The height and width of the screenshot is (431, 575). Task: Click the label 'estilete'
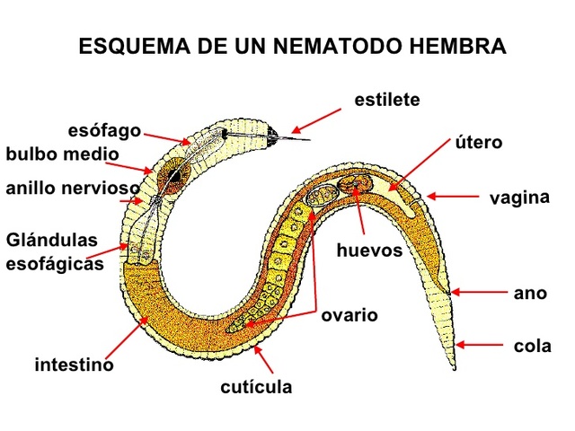(x=387, y=100)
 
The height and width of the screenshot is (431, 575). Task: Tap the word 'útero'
(x=477, y=143)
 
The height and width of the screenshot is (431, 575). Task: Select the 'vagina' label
(x=518, y=198)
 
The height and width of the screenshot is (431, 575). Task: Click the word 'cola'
(x=531, y=345)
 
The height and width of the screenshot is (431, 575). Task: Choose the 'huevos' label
(x=370, y=250)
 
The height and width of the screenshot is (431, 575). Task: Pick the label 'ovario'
(x=349, y=315)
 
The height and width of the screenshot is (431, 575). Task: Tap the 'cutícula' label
(x=257, y=387)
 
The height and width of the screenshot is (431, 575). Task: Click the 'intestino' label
(x=75, y=365)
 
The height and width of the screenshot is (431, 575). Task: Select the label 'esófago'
(x=104, y=130)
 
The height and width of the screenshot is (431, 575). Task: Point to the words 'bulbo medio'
(x=61, y=154)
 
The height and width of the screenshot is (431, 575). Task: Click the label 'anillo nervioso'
(x=72, y=189)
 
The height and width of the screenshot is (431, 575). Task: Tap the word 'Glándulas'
(x=50, y=242)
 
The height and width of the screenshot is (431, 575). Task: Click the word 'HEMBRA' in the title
(x=455, y=46)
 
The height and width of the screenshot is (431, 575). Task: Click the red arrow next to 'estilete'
(x=317, y=121)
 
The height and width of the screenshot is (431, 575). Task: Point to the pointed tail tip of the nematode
(x=453, y=369)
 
